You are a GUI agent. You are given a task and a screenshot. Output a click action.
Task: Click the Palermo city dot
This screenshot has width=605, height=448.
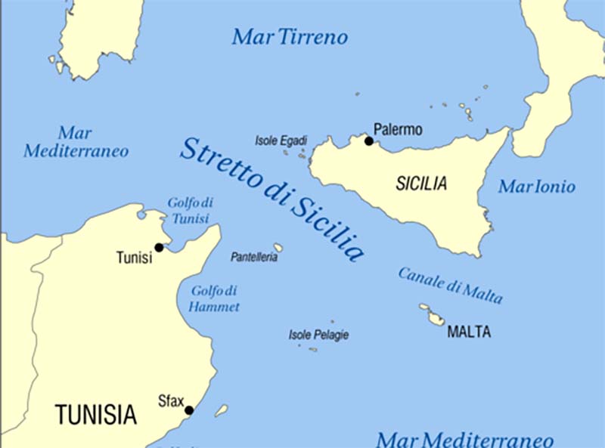pos(369,141)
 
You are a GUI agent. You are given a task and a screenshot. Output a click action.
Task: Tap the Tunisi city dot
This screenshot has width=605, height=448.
pos(159,247)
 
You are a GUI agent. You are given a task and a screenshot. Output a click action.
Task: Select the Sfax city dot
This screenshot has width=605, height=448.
pos(189,410)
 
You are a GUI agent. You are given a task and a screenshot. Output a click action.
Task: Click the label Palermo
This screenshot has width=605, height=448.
pos(399,130)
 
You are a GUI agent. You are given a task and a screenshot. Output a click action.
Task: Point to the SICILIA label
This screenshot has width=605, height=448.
pos(421,184)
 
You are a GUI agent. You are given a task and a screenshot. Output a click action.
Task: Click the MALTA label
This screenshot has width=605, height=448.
pos(469,332)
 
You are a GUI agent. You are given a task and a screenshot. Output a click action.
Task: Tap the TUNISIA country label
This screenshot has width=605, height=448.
pos(95,414)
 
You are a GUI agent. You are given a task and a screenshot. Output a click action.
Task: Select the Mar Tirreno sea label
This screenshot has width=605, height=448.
pos(290,36)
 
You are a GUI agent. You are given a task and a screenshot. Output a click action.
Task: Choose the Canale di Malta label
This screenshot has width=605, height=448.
pos(451,285)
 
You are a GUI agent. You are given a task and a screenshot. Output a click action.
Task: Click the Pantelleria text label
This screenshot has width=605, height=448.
pos(254,258)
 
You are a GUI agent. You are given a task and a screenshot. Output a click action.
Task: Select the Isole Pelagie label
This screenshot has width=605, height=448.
pos(318,335)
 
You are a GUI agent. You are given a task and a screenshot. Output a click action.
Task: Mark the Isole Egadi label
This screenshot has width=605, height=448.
pos(281,141)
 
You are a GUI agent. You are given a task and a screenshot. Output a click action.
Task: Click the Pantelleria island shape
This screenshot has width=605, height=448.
pos(278,247)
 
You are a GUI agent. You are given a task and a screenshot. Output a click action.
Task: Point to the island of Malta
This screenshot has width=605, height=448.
pos(436,319)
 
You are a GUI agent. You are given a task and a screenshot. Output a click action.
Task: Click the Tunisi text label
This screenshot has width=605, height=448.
pos(134,258)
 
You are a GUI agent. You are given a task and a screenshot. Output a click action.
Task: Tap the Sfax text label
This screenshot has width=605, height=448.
pos(170,401)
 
